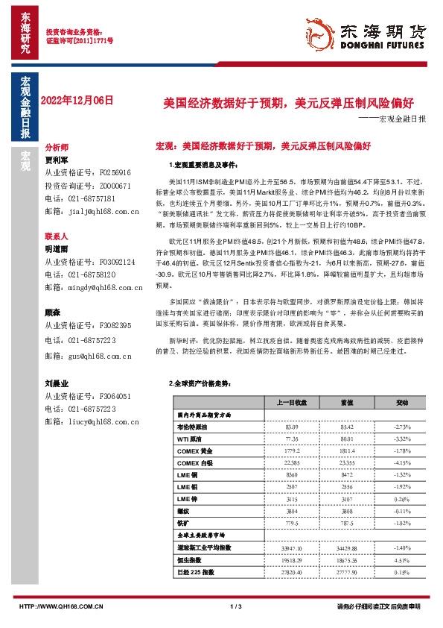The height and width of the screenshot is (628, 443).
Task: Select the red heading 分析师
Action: pyautogui.click(x=57, y=148)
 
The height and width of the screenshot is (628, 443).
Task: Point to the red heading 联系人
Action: pyautogui.click(x=57, y=234)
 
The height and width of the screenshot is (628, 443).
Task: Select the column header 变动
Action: pyautogui.click(x=403, y=401)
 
